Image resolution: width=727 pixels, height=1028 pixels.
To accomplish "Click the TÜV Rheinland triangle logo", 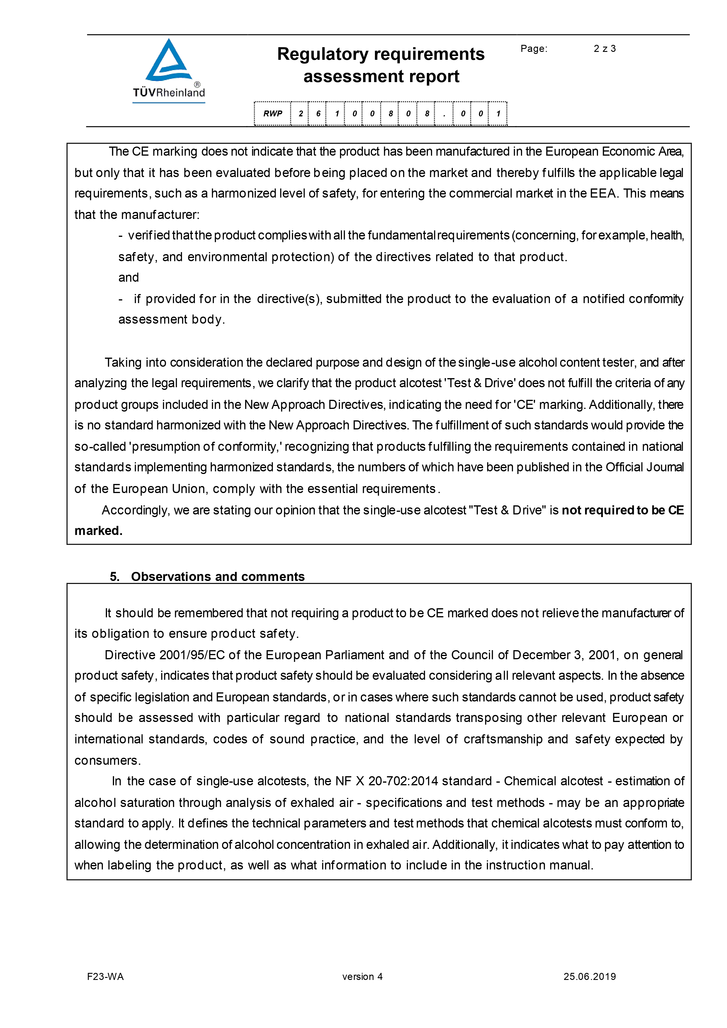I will [x=169, y=60].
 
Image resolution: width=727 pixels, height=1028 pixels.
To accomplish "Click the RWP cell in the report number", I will [x=273, y=114].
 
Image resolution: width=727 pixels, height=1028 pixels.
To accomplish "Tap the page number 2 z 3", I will [x=604, y=49].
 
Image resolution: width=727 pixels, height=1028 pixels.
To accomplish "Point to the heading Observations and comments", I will [x=218, y=576].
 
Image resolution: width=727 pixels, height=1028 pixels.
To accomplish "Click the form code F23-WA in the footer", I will [x=105, y=976].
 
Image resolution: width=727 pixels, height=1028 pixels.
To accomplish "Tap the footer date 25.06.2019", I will [x=590, y=976].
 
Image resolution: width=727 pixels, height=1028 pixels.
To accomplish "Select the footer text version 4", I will [x=362, y=976].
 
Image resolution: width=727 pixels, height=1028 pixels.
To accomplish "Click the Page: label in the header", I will [x=534, y=49].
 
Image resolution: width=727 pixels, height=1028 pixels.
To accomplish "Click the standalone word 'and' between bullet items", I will [x=128, y=278].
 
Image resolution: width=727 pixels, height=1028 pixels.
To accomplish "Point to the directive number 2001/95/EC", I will [x=192, y=655].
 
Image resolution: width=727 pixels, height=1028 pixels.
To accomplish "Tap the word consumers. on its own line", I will [x=108, y=760].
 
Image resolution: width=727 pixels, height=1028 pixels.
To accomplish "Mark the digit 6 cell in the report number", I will [x=318, y=114].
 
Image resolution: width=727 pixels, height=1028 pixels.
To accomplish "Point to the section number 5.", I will [x=115, y=576].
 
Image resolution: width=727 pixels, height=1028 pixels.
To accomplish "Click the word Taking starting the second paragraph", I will [x=123, y=362].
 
